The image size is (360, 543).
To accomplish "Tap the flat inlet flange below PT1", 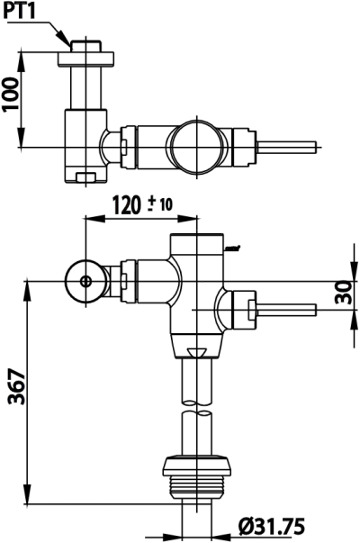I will [86, 58].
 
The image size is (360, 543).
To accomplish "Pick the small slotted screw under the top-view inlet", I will [86, 176].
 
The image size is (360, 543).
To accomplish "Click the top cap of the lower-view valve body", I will [199, 241].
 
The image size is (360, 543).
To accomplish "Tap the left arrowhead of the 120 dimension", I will [88, 217].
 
